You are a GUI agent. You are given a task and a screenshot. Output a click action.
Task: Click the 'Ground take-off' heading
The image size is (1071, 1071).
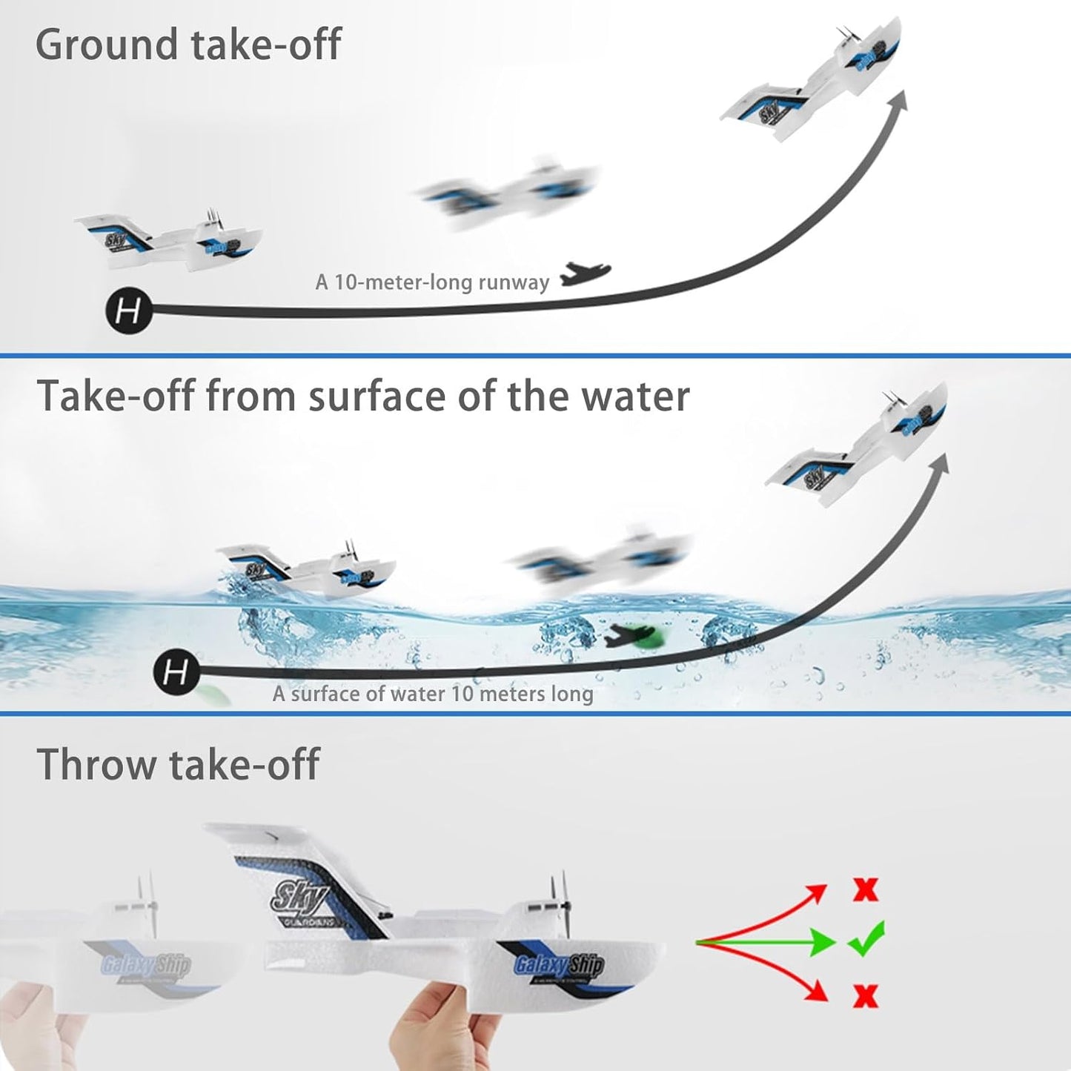pyautogui.click(x=188, y=44)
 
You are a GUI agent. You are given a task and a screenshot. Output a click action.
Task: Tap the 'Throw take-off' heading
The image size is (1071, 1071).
pyautogui.click(x=178, y=764)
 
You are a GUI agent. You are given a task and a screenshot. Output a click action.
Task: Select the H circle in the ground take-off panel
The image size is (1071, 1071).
pyautogui.click(x=129, y=311)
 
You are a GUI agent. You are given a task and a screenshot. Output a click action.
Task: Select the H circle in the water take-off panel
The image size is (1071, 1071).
pyautogui.click(x=176, y=672)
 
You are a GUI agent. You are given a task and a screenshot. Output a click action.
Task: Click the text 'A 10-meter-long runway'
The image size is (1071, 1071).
pyautogui.click(x=432, y=282)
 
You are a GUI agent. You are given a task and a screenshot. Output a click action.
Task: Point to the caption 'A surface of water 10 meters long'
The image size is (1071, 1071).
pyautogui.click(x=433, y=694)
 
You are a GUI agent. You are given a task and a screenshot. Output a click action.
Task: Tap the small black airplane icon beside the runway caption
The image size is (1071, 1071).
pyautogui.click(x=584, y=274)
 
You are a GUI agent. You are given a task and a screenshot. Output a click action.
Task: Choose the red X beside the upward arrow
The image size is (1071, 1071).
pyautogui.click(x=865, y=889)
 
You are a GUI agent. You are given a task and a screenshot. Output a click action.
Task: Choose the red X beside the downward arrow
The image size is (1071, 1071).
pyautogui.click(x=865, y=995)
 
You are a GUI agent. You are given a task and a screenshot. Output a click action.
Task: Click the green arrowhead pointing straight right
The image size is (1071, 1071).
pyautogui.click(x=823, y=942)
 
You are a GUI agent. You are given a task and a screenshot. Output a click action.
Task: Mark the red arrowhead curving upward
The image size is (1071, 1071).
pyautogui.click(x=816, y=894)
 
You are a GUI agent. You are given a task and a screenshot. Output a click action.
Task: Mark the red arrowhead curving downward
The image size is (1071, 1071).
pyautogui.click(x=817, y=989)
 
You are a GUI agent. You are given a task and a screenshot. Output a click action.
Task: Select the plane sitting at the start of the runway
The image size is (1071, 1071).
pyautogui.click(x=170, y=239)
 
